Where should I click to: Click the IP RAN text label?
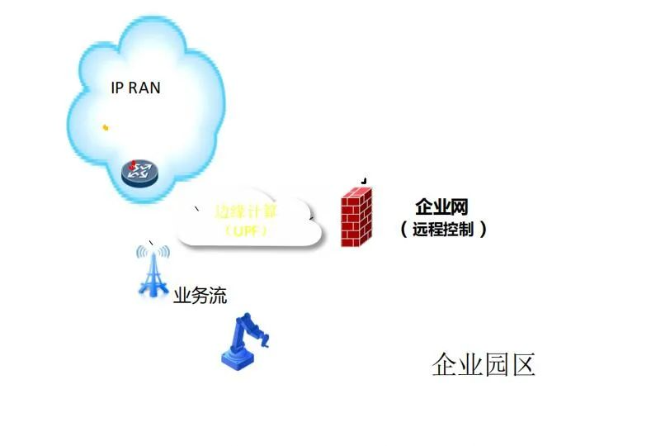(135, 88)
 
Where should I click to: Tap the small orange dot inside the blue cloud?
(106, 127)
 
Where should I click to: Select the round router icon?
(139, 172)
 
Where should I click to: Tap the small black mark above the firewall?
(364, 180)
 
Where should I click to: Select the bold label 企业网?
(441, 206)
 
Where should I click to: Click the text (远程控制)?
(443, 229)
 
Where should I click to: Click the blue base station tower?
(153, 271)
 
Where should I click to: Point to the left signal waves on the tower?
(140, 252)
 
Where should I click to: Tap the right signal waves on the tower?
(165, 252)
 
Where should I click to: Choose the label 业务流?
(200, 295)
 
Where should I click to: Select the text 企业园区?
(484, 363)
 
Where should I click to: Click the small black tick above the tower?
(150, 242)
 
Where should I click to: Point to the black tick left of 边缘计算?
(196, 210)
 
